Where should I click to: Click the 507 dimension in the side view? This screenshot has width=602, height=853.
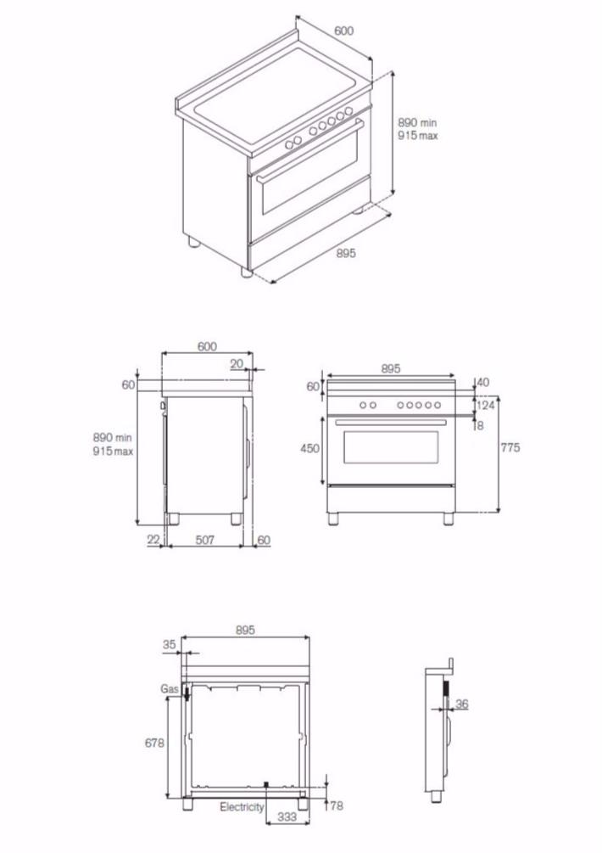click(204, 540)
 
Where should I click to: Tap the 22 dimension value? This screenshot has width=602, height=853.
click(153, 540)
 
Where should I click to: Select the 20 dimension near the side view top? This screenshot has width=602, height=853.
click(236, 363)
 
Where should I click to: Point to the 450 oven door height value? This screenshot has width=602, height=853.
click(310, 448)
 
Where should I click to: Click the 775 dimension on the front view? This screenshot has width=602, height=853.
click(510, 448)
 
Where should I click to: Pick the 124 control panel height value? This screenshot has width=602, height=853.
click(485, 406)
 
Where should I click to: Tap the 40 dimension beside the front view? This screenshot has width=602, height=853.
click(483, 383)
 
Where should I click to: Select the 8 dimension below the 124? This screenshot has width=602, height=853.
click(480, 426)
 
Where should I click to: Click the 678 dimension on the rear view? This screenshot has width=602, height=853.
click(154, 742)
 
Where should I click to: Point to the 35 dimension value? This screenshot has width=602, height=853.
click(169, 645)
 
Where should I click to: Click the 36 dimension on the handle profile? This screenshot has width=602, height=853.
click(462, 704)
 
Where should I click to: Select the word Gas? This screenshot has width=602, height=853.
click(168, 690)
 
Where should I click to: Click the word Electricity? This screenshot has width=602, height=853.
click(242, 807)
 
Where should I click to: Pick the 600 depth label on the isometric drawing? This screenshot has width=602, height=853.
click(343, 31)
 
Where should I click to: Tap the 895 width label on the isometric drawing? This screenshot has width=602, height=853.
click(345, 253)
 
